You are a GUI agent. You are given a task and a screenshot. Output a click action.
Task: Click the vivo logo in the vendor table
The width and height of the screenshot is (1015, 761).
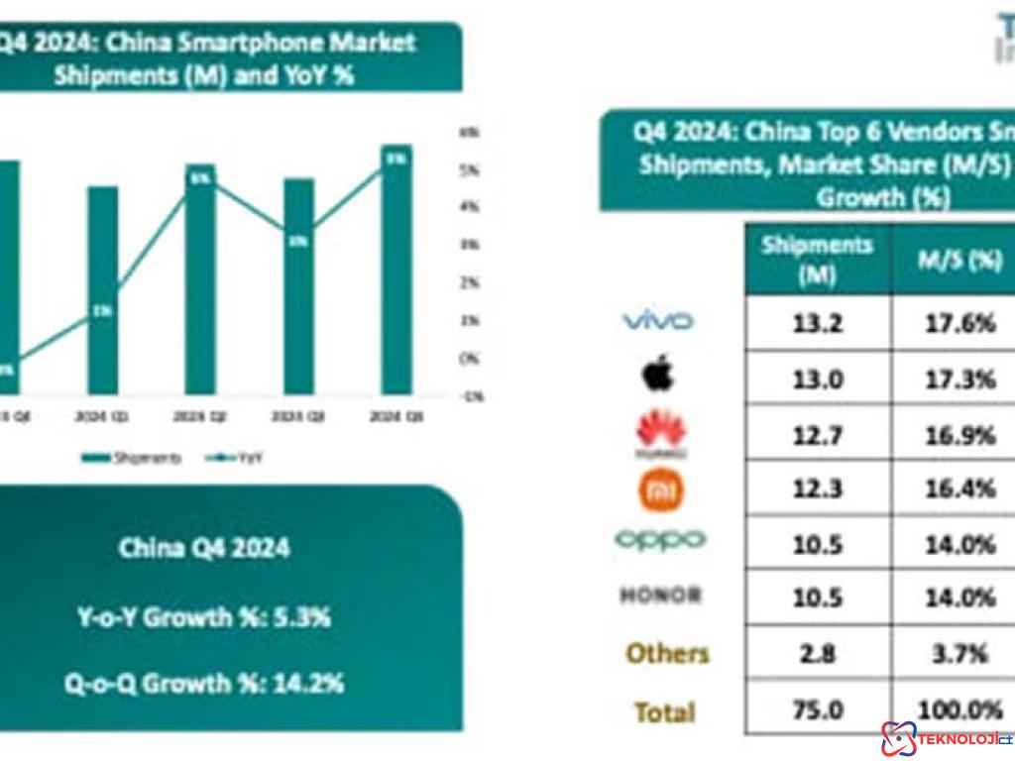point(657,320)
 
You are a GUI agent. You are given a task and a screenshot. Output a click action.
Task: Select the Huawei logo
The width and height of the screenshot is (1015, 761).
point(660,434)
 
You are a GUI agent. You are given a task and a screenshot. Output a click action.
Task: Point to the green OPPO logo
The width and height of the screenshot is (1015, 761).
point(660,540)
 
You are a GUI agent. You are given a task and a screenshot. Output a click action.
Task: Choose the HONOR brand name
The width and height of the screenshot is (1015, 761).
point(660,596)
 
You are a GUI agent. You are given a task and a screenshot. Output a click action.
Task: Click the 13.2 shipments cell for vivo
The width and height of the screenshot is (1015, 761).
point(818,323)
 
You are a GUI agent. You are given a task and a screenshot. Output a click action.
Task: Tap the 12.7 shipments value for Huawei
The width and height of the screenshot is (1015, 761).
point(818,433)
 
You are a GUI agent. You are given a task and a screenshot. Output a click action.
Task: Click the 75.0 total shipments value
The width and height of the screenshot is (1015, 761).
point(818,710)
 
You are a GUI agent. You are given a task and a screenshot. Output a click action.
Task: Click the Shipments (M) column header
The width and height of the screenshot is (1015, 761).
point(818,259)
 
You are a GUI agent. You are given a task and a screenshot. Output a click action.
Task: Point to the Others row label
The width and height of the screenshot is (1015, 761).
point(667,653)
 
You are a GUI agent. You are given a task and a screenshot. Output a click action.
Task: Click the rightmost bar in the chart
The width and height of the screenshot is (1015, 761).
point(396,270)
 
